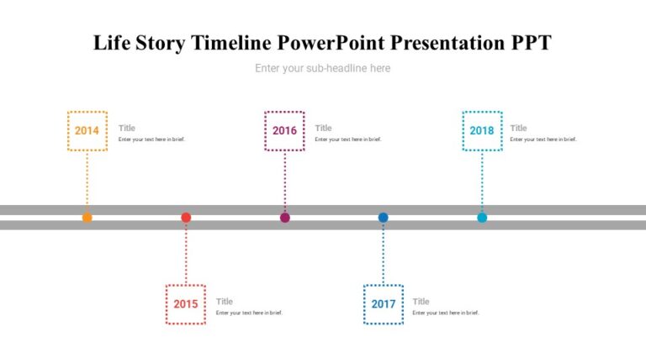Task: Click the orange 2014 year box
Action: (x=87, y=130)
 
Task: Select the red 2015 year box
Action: (x=186, y=304)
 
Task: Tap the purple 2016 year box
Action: (x=284, y=130)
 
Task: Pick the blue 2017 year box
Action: (x=384, y=304)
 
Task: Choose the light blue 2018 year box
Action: (x=482, y=130)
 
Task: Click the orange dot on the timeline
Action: (x=87, y=218)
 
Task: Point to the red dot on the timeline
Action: (x=186, y=218)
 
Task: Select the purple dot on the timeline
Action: (x=284, y=218)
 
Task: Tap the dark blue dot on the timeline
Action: (x=384, y=218)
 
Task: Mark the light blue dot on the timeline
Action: (x=482, y=218)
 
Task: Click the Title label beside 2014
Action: (x=127, y=129)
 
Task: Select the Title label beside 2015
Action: (x=225, y=302)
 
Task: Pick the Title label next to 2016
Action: (x=324, y=129)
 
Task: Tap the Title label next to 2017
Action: (x=421, y=302)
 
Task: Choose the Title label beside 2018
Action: (x=519, y=129)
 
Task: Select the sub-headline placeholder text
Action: (x=323, y=68)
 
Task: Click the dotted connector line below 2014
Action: (x=87, y=181)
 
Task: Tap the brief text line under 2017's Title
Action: (x=446, y=313)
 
